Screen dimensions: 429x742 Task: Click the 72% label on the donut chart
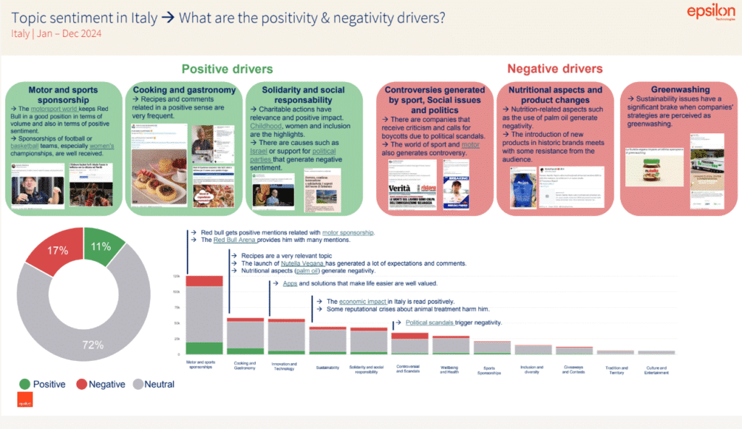93,345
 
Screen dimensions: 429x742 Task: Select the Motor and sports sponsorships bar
204,315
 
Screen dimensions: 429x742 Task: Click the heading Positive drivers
227,69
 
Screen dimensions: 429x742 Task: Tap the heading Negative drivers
554,69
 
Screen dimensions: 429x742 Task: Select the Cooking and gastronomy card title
184,90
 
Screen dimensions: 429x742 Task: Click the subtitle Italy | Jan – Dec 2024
56,33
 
